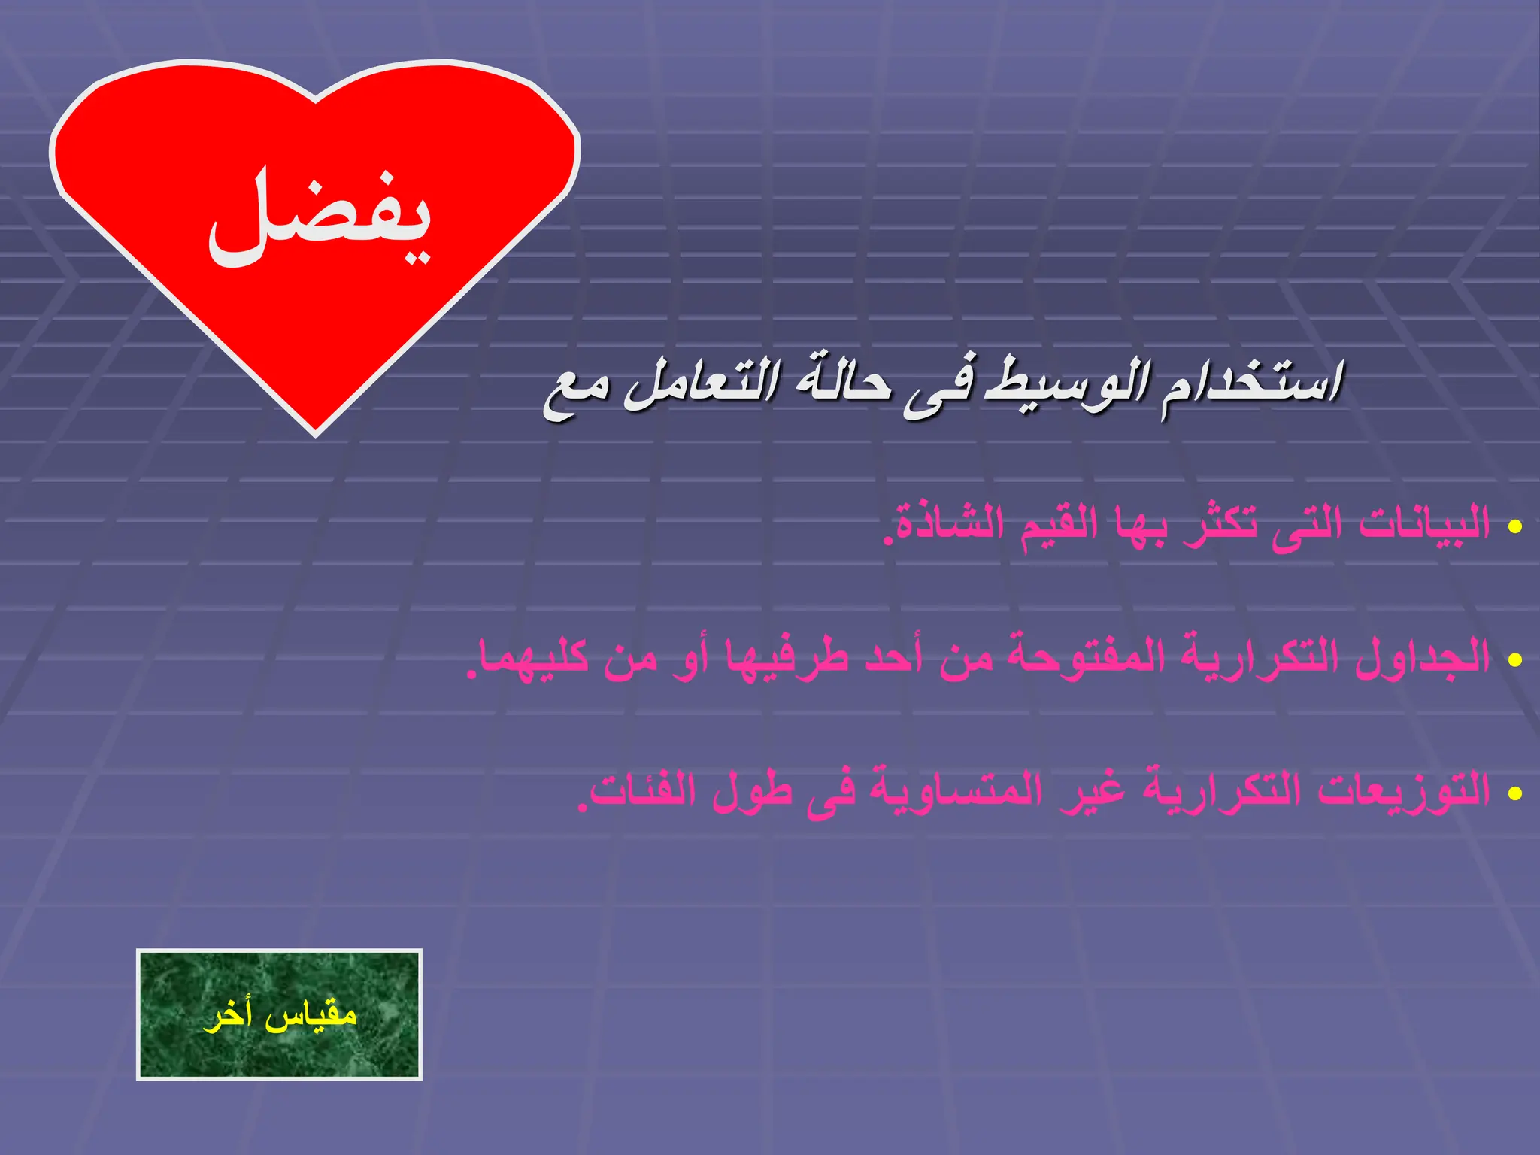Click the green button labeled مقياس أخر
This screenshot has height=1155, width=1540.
(x=279, y=1014)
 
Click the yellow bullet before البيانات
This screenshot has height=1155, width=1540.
(x=1514, y=526)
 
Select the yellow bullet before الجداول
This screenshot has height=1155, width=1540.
(x=1514, y=660)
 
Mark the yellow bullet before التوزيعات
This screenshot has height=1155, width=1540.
(x=1514, y=793)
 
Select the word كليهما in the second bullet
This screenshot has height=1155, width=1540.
(x=533, y=657)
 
